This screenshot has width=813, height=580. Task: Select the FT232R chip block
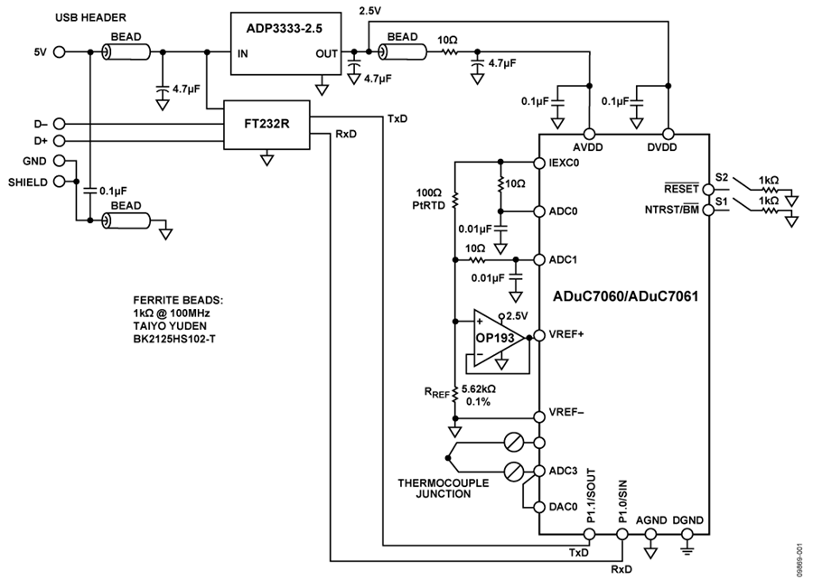coord(266,125)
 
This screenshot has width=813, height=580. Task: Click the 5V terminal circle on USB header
coord(60,52)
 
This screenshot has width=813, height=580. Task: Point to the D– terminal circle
coord(60,123)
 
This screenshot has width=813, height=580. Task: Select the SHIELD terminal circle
coord(60,181)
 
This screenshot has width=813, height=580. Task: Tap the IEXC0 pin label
coord(564,164)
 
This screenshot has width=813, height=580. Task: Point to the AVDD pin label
coord(589,147)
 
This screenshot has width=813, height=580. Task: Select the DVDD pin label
coord(668,147)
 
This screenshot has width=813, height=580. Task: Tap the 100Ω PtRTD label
coord(428,198)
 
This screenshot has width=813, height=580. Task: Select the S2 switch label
coord(721,177)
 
